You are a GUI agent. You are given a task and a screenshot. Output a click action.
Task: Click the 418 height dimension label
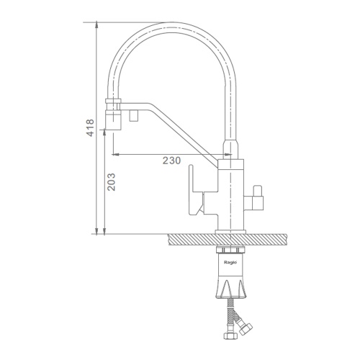click(x=90, y=127)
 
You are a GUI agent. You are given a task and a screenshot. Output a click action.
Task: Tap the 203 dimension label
click(x=111, y=182)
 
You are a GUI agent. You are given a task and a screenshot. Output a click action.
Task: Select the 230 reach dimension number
click(x=171, y=161)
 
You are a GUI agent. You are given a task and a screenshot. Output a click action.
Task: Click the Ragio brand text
click(x=230, y=262)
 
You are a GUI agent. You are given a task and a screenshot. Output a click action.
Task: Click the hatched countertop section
click(x=228, y=239)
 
